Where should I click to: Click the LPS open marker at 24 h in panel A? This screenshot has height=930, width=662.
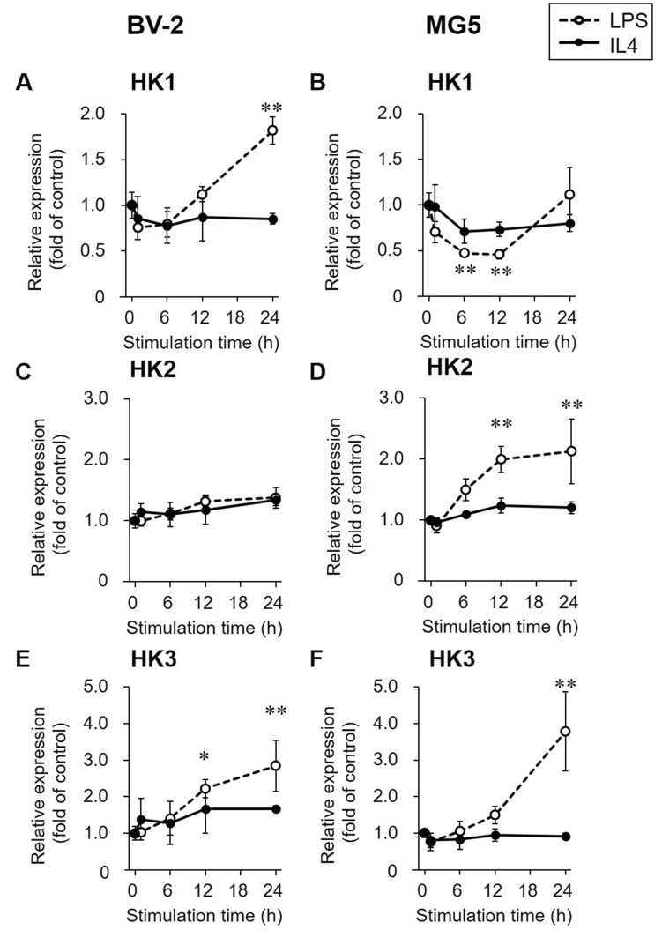[x=273, y=130]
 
